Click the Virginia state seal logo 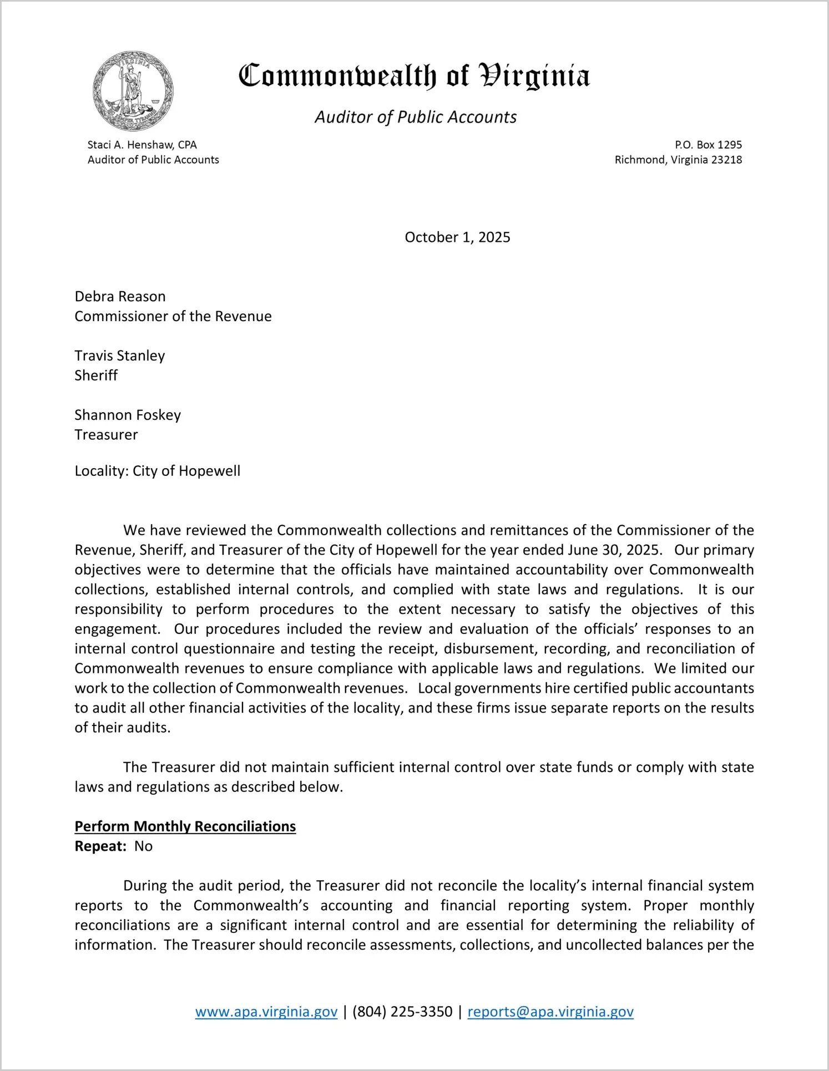133,91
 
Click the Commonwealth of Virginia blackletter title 414,76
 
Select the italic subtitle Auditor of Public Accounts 416,117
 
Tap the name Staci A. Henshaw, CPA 142,145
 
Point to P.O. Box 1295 708,145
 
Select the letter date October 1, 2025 457,237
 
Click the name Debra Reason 120,297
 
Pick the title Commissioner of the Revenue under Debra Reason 173,316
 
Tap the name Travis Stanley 120,356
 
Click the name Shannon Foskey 128,415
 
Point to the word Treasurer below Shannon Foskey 106,435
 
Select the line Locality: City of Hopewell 158,471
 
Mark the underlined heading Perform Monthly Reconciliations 185,826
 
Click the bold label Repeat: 100,846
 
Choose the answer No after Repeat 143,846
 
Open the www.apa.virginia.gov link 266,1012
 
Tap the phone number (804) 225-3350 402,1012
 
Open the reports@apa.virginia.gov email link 550,1012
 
